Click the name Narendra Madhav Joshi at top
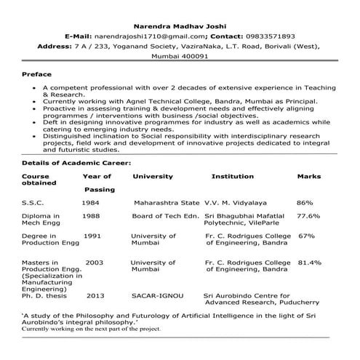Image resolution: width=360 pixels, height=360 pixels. click(180, 23)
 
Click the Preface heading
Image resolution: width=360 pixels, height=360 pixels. click(37, 75)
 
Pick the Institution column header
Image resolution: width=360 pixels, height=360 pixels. click(232, 176)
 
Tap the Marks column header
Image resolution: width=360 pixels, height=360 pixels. click(308, 176)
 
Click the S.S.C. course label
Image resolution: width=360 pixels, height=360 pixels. click(33, 202)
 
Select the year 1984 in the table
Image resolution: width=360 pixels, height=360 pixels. click(90, 202)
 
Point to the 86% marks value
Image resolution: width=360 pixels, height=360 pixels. click(305, 202)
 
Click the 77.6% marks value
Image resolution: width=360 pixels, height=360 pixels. click(308, 216)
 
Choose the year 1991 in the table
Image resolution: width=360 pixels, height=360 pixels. click(92, 236)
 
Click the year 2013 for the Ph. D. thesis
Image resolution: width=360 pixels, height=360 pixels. click(95, 296)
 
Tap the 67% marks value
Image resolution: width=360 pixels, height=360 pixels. click(306, 236)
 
